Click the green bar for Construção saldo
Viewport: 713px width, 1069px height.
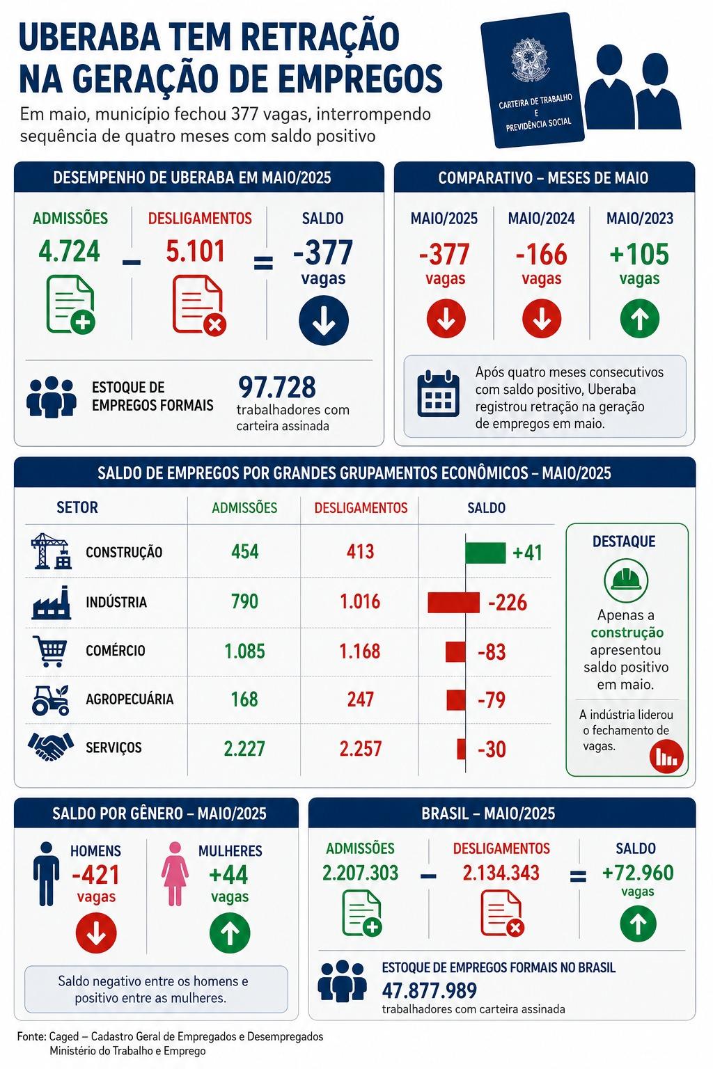(x=485, y=553)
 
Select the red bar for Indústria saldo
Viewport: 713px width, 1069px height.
(x=453, y=602)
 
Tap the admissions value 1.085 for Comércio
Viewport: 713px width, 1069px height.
(x=244, y=651)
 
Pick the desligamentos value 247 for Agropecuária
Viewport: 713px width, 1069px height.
(x=361, y=699)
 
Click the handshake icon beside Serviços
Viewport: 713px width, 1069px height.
(x=51, y=746)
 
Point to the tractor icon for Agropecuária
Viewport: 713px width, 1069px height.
(x=51, y=700)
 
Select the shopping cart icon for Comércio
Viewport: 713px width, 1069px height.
(x=49, y=651)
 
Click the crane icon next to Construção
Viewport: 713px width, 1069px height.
(x=51, y=552)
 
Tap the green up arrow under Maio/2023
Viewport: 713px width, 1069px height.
(x=639, y=319)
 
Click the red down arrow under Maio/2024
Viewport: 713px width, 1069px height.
(x=542, y=319)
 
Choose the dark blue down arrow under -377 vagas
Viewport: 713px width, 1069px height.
(x=324, y=321)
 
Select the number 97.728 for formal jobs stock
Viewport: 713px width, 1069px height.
(x=277, y=387)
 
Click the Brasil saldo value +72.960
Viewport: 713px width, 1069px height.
(x=638, y=873)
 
